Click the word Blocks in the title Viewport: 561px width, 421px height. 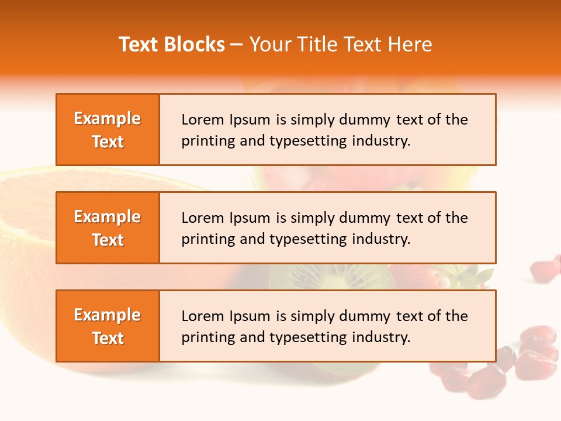(193, 44)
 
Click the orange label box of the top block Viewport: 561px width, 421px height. (108, 129)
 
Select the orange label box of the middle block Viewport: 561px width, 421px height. (108, 227)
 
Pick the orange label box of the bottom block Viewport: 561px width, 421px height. (108, 326)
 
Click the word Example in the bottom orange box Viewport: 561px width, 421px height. (108, 315)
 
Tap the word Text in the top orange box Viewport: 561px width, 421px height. (108, 142)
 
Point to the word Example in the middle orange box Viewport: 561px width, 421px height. (108, 217)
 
